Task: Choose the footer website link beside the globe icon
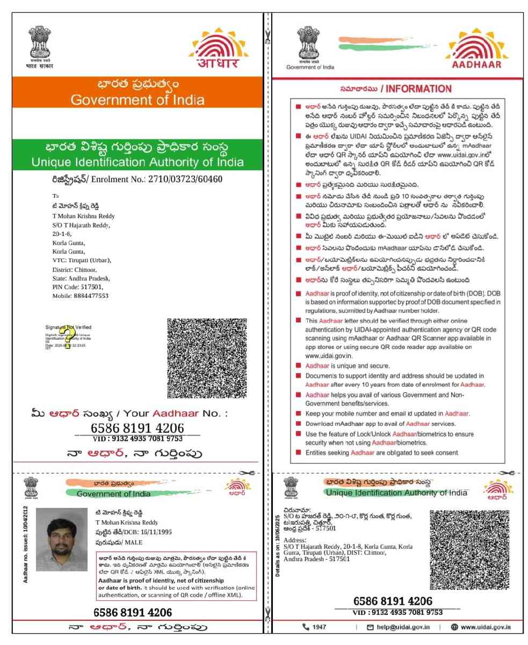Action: click(485, 627)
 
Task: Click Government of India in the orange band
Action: click(138, 100)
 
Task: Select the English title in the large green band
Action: click(138, 162)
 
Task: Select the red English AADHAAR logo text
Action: click(476, 64)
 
